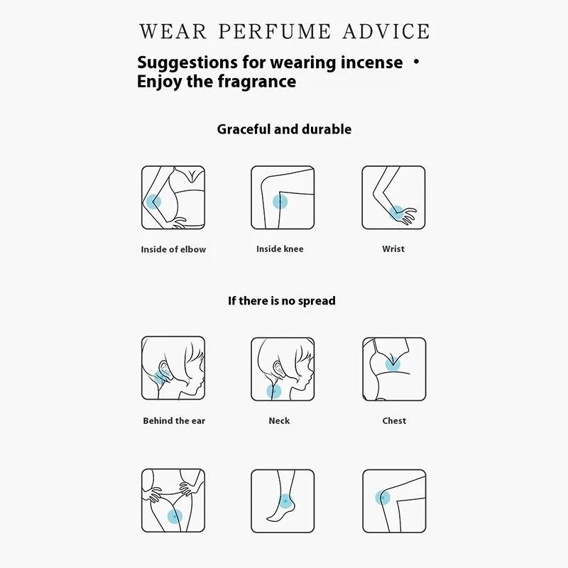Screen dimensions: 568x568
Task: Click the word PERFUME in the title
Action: [x=275, y=31]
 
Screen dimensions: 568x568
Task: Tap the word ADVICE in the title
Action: [x=386, y=31]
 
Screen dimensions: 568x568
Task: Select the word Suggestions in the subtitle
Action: [x=187, y=63]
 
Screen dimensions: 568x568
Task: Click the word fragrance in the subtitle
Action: [x=257, y=82]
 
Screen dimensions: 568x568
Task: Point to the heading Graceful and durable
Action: [x=284, y=129]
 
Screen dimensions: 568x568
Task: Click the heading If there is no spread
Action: [x=282, y=300]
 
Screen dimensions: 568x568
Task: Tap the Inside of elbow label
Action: [x=173, y=249]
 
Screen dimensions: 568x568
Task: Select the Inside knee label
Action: [x=280, y=249]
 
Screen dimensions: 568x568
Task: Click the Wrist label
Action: [x=393, y=249]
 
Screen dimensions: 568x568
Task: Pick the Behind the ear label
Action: [x=174, y=420]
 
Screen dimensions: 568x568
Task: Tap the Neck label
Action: [x=279, y=420]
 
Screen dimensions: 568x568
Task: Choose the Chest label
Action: [x=394, y=420]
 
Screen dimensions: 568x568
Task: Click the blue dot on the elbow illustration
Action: [x=153, y=202]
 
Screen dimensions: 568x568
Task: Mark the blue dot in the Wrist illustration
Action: [x=397, y=212]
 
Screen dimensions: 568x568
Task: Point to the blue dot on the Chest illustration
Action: [x=393, y=364]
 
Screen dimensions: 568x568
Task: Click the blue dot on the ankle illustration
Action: [x=285, y=501]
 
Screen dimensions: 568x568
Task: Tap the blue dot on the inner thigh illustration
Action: [x=175, y=517]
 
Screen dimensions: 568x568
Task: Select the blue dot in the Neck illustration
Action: [x=274, y=391]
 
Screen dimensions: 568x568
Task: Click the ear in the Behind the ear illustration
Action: [x=163, y=368]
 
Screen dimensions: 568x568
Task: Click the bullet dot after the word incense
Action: [x=417, y=62]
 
